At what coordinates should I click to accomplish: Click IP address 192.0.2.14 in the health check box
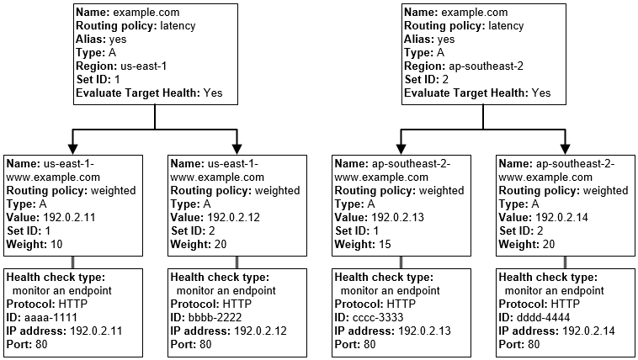588,331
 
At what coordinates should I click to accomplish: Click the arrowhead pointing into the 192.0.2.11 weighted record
73,144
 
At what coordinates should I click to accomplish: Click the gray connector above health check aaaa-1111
73,262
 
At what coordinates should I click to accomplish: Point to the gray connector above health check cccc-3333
401,262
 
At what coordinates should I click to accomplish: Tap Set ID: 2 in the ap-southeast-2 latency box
428,79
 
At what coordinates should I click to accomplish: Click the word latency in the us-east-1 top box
175,25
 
